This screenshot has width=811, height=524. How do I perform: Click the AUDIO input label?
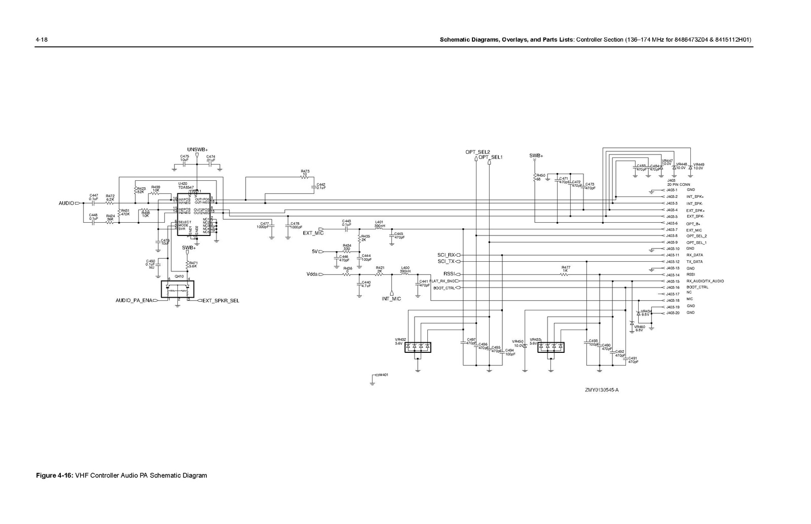click(66, 203)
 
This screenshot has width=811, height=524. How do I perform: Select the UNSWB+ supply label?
click(197, 150)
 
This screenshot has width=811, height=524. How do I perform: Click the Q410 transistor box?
click(178, 290)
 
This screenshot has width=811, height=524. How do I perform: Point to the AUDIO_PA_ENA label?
click(134, 301)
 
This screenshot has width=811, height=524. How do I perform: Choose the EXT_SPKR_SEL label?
click(220, 301)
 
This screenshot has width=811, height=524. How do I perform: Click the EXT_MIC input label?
click(313, 233)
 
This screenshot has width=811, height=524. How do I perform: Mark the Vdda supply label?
click(312, 274)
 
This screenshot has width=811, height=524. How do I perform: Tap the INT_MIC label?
click(391, 299)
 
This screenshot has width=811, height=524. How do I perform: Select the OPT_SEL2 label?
click(477, 152)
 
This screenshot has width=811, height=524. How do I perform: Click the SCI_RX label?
click(446, 255)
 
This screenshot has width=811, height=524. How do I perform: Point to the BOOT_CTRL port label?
click(444, 288)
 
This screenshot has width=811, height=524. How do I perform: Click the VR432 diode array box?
click(420, 347)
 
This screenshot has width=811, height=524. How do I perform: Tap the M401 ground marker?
click(383, 375)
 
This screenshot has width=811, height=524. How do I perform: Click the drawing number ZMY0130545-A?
click(602, 390)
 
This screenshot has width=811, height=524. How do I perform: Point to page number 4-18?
click(41, 39)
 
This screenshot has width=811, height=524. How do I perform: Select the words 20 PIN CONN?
click(678, 184)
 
